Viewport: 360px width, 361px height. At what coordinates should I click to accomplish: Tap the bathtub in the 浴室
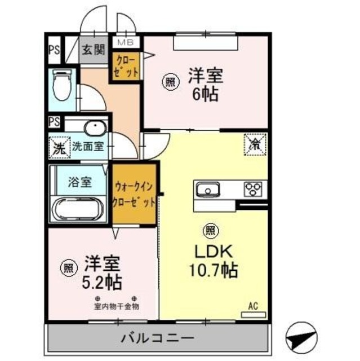[78, 209]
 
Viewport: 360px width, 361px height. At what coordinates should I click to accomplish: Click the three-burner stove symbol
[254, 189]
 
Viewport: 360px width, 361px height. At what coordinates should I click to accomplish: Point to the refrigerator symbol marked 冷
[255, 144]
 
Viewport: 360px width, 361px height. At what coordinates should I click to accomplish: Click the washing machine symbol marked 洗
[58, 147]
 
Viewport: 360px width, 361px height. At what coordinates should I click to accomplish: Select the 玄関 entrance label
[94, 50]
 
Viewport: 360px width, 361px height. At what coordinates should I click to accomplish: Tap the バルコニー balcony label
[157, 338]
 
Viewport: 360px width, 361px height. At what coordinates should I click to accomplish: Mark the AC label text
[253, 306]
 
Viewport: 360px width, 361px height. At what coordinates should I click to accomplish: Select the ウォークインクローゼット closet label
[134, 193]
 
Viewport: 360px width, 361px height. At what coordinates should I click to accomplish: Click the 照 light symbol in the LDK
[209, 230]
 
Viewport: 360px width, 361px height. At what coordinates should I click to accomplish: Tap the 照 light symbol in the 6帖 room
[170, 81]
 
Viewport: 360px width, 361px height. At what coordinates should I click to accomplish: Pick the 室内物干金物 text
[116, 306]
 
